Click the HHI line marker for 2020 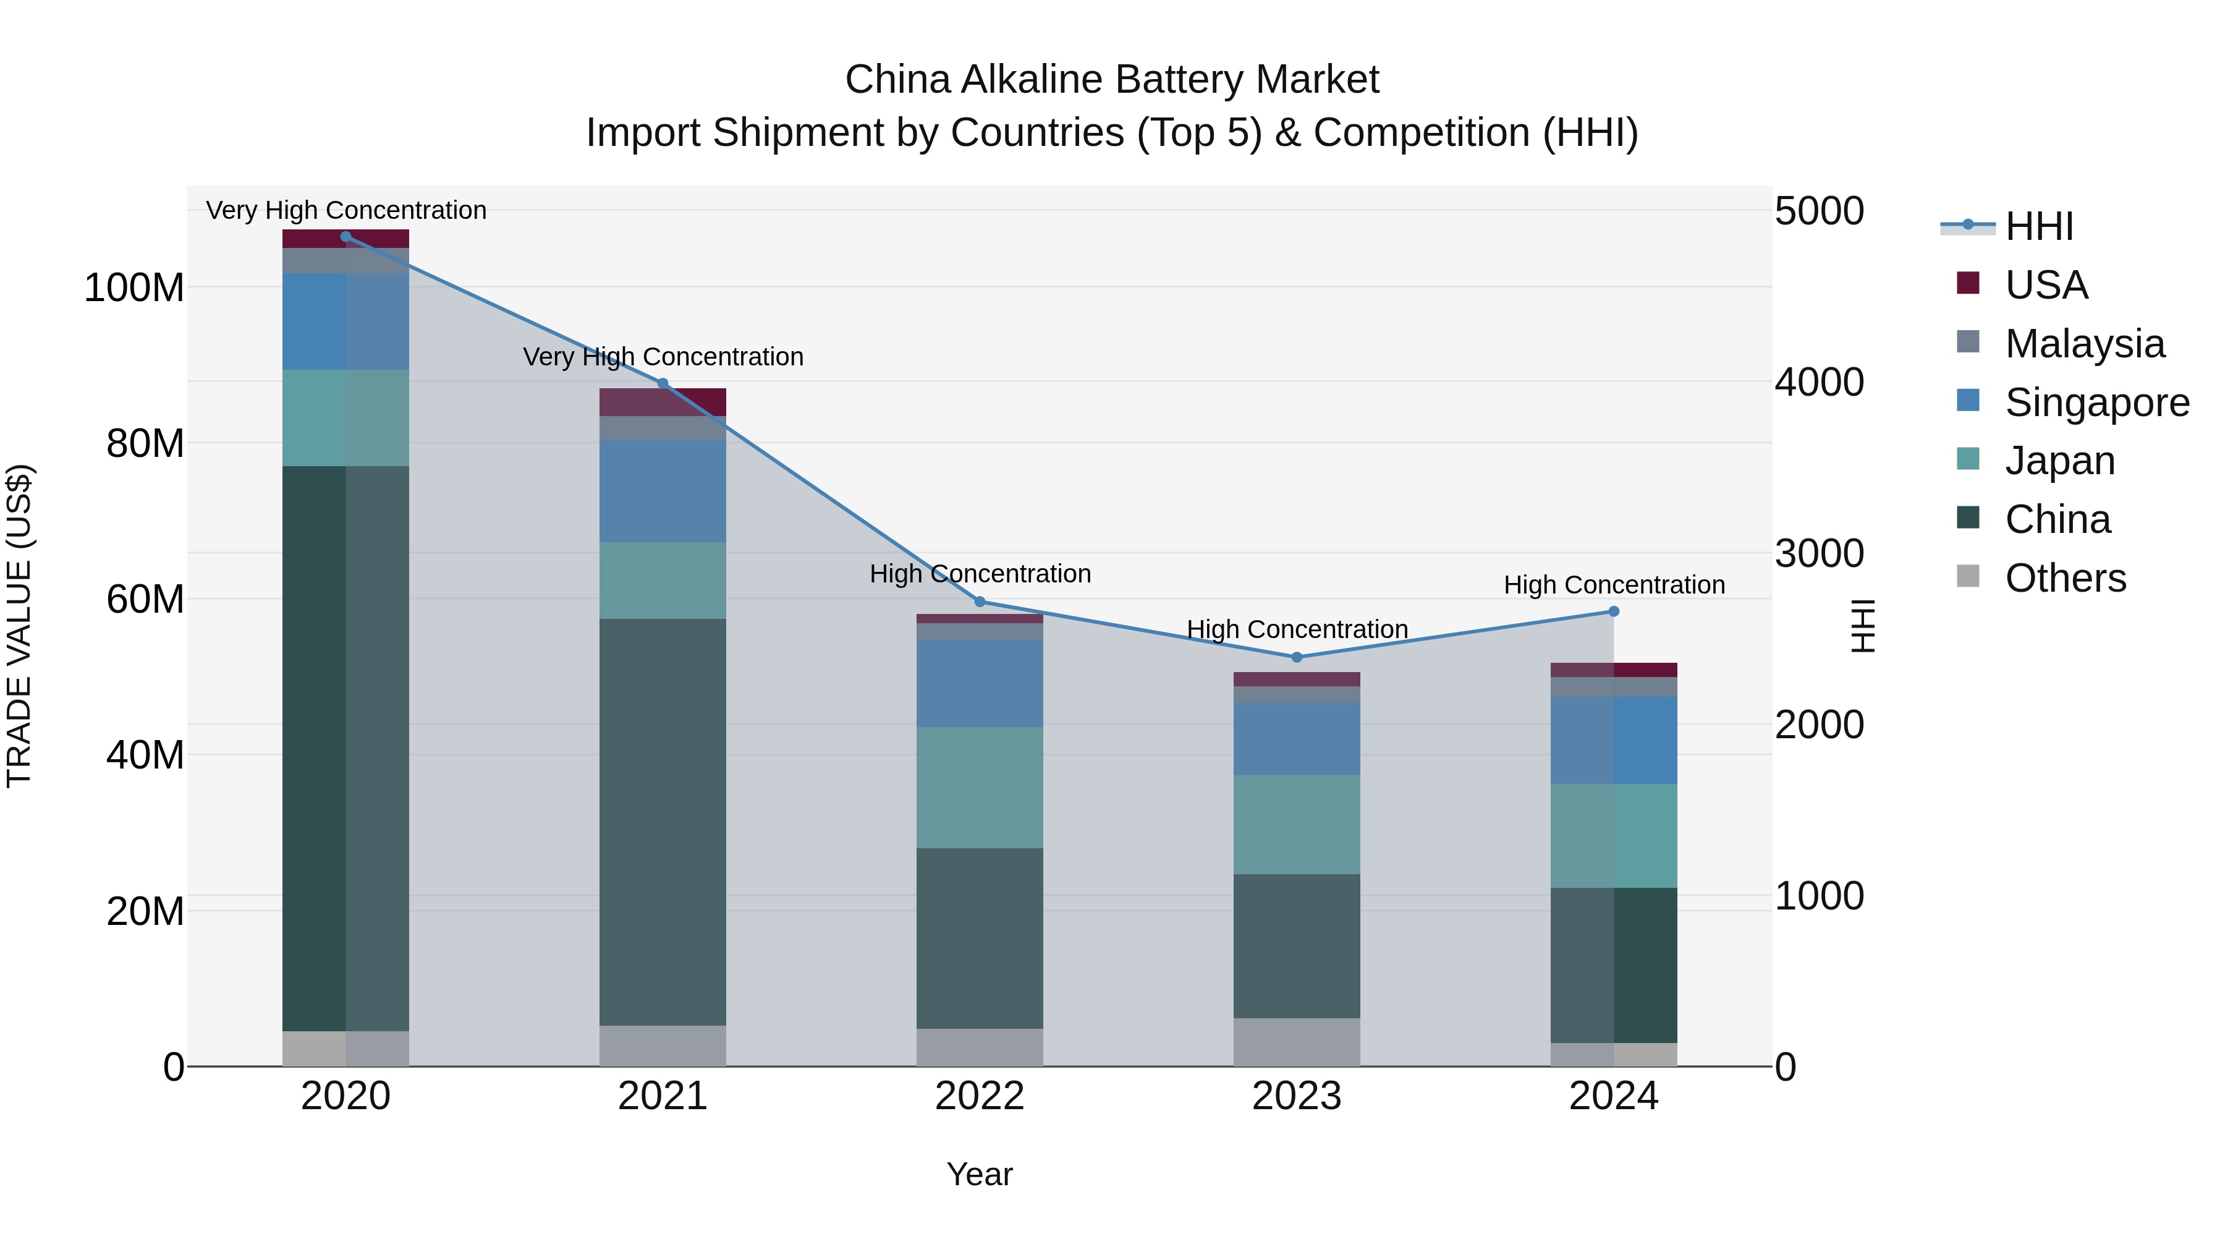pos(345,237)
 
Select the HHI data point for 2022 pos(980,602)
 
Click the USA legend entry pos(2045,285)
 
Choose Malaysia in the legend pos(2084,344)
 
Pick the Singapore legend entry pos(2096,402)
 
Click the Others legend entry pos(2065,578)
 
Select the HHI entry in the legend pos(2038,226)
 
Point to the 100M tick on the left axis pos(134,287)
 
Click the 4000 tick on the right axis pos(1819,382)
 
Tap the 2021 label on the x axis pos(663,1096)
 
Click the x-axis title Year pos(980,1174)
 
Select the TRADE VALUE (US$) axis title pos(19,626)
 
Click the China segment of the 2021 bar pos(663,821)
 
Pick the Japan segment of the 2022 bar pos(980,787)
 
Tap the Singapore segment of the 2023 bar pos(1297,739)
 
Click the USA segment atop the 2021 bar pos(663,402)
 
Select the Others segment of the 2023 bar pos(1297,1042)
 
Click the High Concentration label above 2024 pos(1614,585)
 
